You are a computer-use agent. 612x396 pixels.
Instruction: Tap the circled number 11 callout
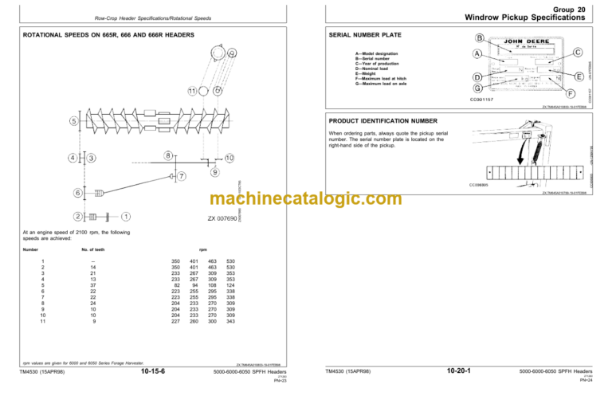191,90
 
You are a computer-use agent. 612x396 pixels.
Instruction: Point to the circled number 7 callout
182,176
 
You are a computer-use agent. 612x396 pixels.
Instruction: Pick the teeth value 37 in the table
94,284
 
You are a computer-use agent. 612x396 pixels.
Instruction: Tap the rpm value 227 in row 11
175,321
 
